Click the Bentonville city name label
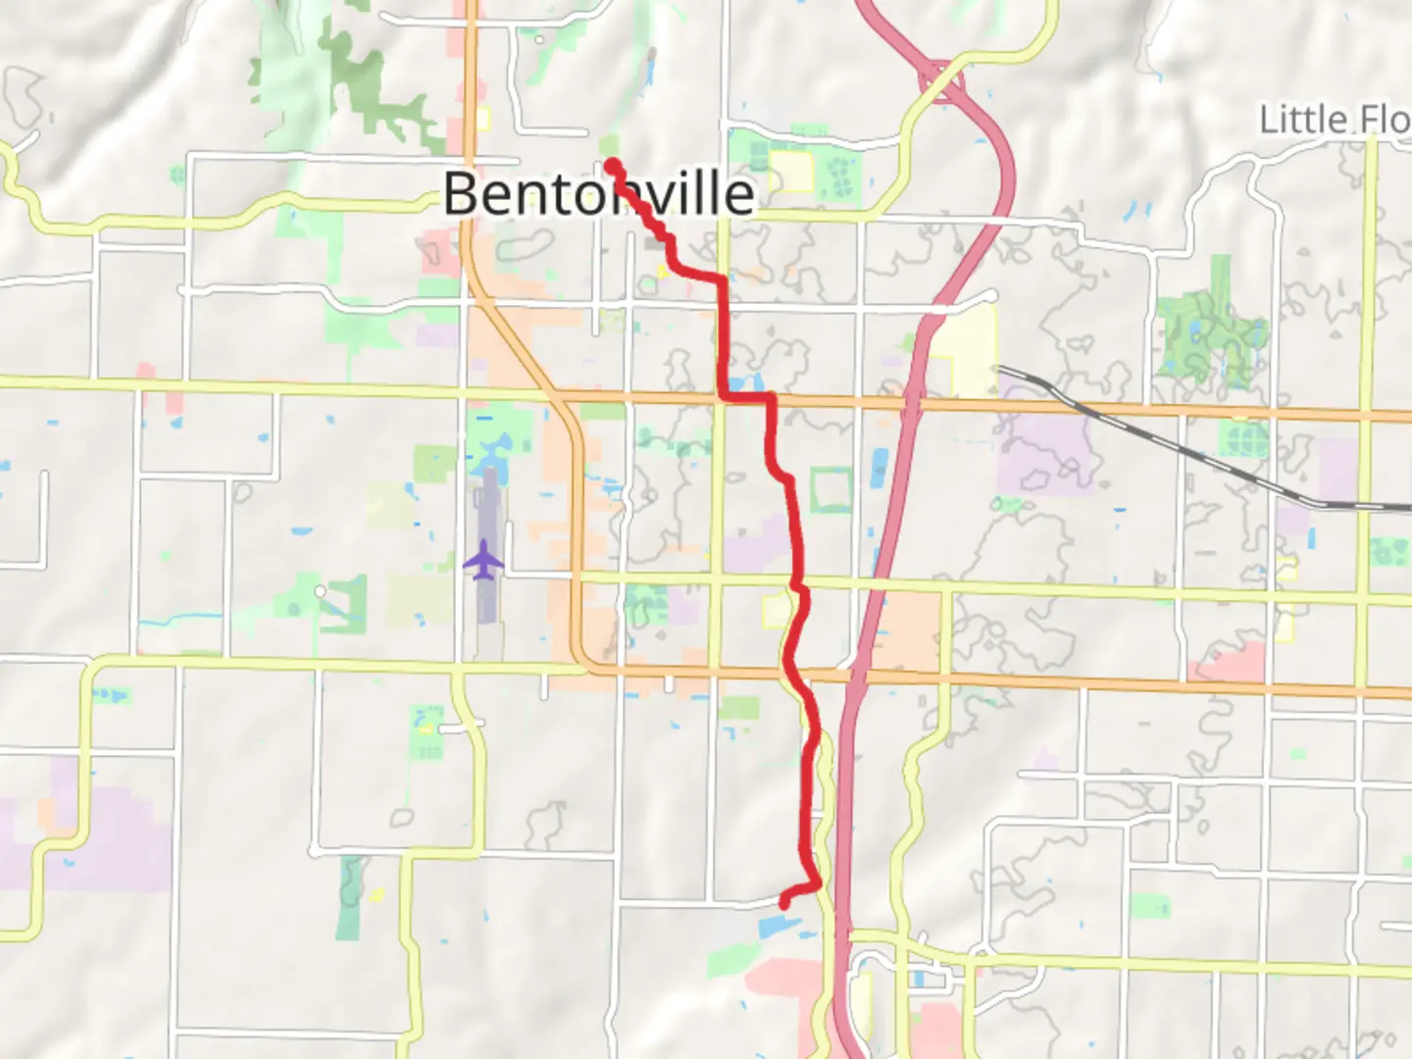point(598,193)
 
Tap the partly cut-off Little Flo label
point(1334,121)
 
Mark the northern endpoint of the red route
point(610,164)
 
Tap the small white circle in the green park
point(320,591)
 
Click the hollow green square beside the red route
point(830,490)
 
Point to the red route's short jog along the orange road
point(747,397)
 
